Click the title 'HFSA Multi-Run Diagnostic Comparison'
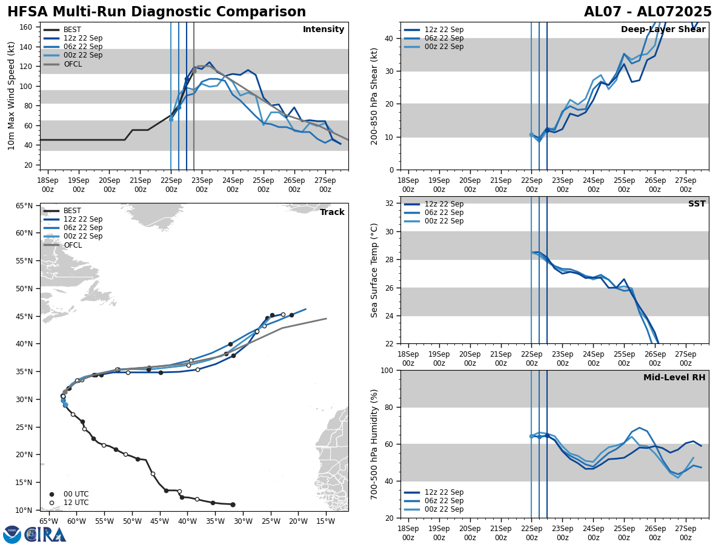[x=157, y=12]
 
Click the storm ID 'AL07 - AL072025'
[x=648, y=12]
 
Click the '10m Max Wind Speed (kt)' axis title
[x=12, y=96]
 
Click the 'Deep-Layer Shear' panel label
[x=663, y=30]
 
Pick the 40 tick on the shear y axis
[x=389, y=38]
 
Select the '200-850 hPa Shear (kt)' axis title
[x=375, y=96]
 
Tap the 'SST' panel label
[x=697, y=204]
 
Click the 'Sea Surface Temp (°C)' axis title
[x=374, y=270]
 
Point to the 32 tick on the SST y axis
[x=390, y=203]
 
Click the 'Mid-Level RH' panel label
[x=674, y=378]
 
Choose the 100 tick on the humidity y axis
[x=387, y=371]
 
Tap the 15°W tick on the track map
[x=325, y=520]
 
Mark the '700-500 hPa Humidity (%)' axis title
[x=375, y=444]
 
